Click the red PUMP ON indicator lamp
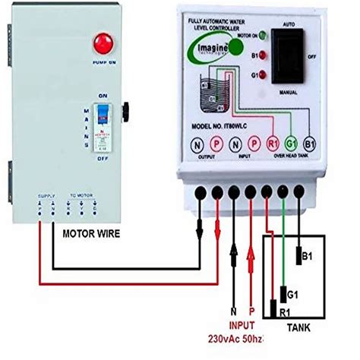click(x=99, y=42)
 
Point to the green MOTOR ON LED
click(x=262, y=35)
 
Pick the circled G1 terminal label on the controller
click(x=289, y=143)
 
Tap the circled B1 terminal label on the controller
click(x=310, y=143)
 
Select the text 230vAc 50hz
click(x=235, y=339)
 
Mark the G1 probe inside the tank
click(x=283, y=292)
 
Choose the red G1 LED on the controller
click(x=262, y=74)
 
